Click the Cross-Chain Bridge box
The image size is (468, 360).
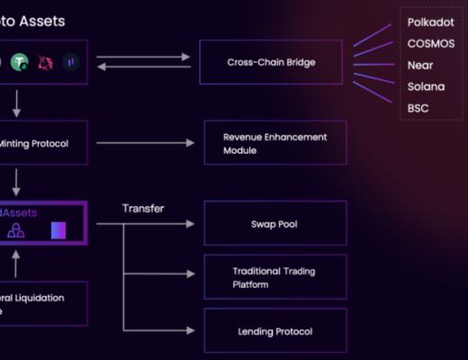(x=273, y=63)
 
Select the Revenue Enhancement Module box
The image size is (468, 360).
(x=274, y=143)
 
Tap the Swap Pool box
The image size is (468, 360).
(x=274, y=223)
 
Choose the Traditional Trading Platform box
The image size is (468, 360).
(x=274, y=277)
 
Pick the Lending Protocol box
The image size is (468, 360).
(x=274, y=331)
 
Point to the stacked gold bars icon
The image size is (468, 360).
(x=16, y=231)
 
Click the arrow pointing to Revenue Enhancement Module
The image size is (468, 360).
(x=144, y=143)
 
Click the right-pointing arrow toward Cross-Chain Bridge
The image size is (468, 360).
(x=144, y=57)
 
